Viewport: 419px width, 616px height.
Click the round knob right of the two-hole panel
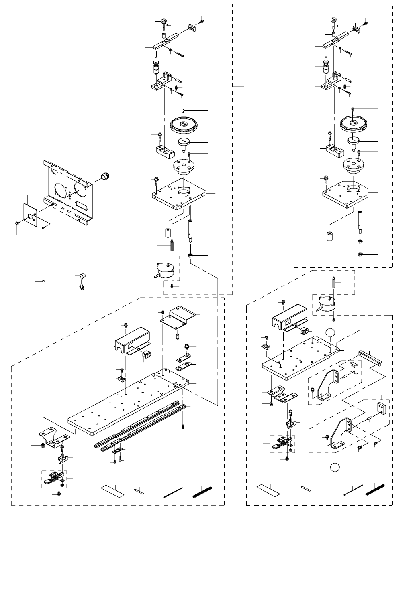coord(105,176)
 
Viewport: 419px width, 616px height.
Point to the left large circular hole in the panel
coord(60,191)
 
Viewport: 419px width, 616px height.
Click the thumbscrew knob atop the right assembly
coord(333,20)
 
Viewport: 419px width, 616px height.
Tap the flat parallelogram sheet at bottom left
coord(112,490)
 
